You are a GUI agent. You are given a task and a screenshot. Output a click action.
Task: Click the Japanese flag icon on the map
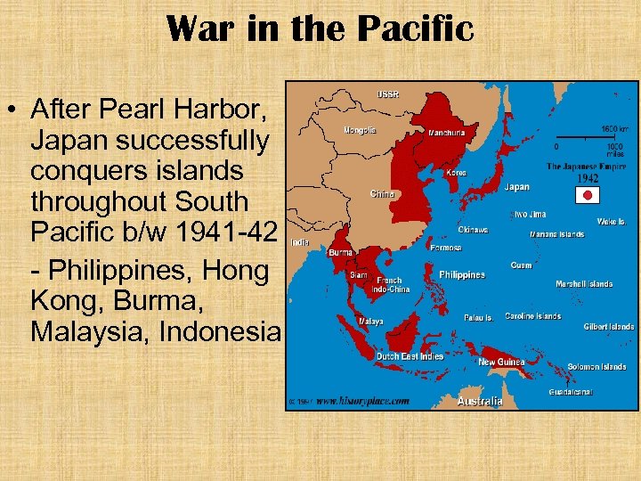click(587, 194)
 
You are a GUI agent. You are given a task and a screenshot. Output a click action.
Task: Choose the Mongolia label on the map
click(360, 130)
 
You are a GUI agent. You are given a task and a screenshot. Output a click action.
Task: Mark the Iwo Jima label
click(528, 215)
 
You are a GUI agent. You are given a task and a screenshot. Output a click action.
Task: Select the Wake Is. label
click(611, 222)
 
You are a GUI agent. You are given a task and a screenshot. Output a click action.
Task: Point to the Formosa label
click(447, 249)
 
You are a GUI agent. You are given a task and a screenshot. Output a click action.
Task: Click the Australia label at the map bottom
click(479, 402)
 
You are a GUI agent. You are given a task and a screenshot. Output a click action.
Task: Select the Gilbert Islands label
click(609, 327)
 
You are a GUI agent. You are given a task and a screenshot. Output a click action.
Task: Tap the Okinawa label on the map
click(473, 229)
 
